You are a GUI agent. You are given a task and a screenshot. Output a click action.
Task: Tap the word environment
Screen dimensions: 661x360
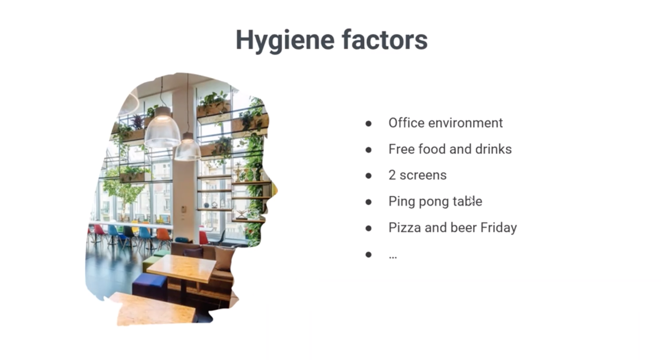point(465,123)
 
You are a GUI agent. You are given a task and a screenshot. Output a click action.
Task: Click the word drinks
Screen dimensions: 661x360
point(493,149)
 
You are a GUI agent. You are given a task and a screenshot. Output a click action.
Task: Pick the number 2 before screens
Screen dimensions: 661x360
point(392,175)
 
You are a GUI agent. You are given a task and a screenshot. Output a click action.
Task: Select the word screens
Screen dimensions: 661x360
point(423,176)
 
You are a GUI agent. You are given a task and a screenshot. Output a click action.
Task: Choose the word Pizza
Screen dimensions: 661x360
point(405,228)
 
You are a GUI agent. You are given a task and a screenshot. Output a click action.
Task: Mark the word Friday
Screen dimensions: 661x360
point(499,228)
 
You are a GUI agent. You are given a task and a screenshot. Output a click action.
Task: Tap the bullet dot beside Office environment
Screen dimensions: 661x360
point(368,123)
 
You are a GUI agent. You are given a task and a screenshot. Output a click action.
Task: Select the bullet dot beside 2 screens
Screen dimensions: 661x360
point(368,176)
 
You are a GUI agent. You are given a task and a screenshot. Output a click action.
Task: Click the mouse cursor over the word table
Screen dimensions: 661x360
point(471,200)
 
